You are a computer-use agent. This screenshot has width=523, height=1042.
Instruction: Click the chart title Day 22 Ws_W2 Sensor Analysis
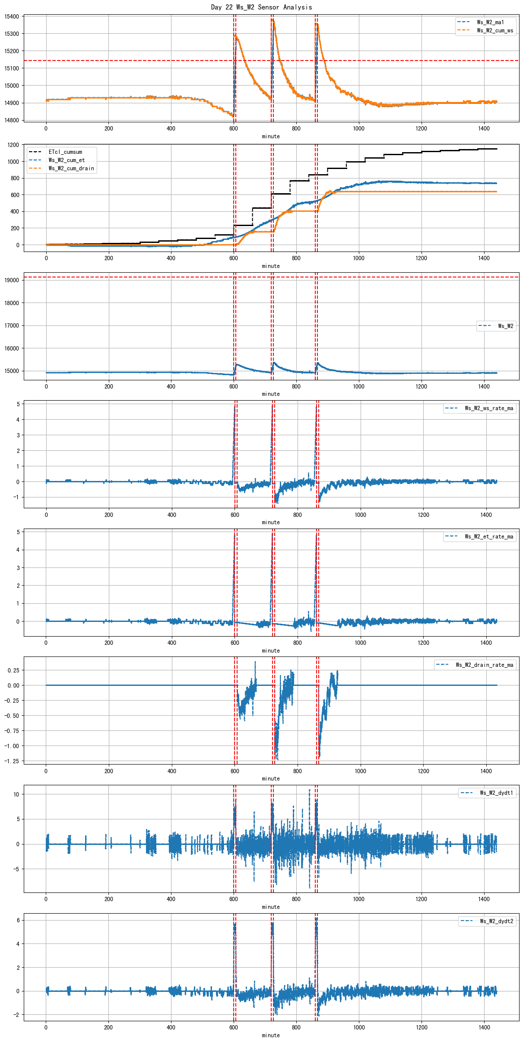tap(261, 7)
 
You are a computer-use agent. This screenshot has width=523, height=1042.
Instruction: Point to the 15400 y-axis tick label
tap(12, 17)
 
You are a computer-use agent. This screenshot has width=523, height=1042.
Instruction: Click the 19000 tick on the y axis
tap(12, 280)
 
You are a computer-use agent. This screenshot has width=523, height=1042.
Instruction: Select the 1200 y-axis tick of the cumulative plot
tap(13, 145)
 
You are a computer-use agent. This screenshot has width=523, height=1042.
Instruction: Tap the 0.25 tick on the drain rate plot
tap(13, 670)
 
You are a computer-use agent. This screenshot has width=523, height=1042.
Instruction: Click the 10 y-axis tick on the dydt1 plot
tap(16, 794)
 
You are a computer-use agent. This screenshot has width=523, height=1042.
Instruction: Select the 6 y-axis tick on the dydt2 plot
tap(18, 920)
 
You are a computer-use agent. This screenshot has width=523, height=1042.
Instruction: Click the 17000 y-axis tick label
tap(12, 325)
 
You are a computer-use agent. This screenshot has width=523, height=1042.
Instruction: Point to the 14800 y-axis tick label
tap(12, 120)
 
